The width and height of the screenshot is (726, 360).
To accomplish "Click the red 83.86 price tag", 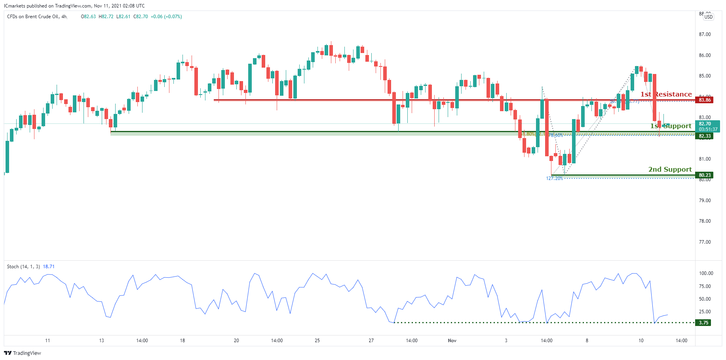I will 705,100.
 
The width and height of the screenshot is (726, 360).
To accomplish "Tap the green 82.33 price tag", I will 705,136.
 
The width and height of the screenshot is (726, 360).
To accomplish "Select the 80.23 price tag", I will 705,175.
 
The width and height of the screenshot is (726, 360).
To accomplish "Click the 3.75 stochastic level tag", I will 703,323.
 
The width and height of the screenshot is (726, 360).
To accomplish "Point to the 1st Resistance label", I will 666,94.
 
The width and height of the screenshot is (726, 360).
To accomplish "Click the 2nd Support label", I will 670,169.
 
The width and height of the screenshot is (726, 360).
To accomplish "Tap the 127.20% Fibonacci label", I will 554,178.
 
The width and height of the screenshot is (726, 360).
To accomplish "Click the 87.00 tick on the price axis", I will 705,34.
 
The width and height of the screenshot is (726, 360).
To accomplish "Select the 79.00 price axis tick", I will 705,201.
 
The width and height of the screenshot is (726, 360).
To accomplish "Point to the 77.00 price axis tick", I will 705,242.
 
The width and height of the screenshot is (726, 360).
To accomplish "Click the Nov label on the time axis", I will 452,341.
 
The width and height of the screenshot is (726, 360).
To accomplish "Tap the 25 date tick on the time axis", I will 317,341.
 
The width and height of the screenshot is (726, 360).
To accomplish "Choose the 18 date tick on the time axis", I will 182,341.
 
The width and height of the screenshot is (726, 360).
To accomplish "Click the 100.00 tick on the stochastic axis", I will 706,273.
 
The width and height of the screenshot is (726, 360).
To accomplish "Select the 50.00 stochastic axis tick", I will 705,299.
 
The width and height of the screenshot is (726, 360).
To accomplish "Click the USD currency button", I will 708,17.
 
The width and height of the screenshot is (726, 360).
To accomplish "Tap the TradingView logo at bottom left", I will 23,353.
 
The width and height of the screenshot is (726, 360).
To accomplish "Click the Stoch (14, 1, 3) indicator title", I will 23,267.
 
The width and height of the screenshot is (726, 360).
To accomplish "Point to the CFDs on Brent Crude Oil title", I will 37,17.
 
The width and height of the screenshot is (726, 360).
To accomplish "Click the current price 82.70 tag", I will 705,124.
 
